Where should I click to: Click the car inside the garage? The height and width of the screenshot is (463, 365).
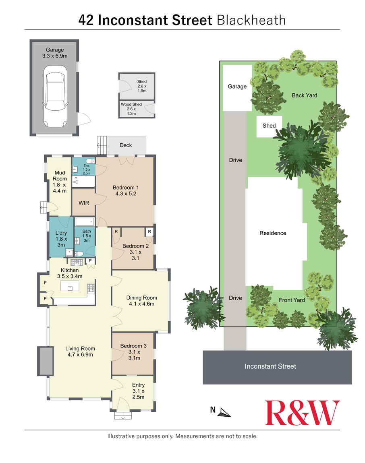(x=55, y=96)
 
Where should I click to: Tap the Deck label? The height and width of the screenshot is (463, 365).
(x=126, y=145)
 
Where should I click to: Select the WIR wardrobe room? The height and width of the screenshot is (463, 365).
(x=84, y=203)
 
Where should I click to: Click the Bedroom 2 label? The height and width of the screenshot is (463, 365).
(x=135, y=246)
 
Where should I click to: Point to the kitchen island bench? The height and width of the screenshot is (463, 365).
(x=70, y=286)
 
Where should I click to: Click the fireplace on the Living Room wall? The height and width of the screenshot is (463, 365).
(x=45, y=361)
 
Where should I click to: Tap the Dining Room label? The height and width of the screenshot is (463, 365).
(x=141, y=298)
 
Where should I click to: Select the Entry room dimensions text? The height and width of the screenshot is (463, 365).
(x=138, y=394)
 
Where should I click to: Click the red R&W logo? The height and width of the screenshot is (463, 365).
(x=302, y=413)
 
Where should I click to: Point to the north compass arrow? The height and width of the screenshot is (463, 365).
(x=225, y=413)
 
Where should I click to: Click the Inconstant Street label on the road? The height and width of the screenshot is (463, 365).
(x=270, y=366)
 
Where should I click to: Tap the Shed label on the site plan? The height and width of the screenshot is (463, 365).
(x=269, y=126)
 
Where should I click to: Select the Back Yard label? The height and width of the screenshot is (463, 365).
(x=305, y=95)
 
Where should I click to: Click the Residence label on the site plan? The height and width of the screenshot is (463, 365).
(x=273, y=233)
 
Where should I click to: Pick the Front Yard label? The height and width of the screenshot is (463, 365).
(x=292, y=300)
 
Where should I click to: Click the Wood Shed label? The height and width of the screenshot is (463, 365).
(x=131, y=104)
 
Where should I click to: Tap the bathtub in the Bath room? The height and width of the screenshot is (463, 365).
(x=85, y=222)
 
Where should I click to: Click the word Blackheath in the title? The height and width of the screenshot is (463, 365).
(x=251, y=21)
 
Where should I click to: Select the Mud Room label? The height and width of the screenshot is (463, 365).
(x=60, y=176)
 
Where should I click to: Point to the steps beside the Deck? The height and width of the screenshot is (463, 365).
(x=102, y=145)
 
